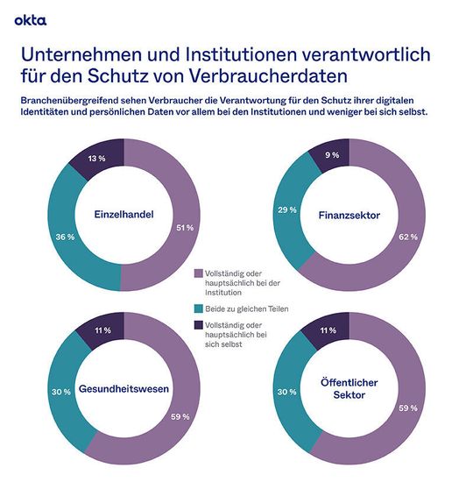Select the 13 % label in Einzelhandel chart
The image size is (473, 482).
tap(97, 159)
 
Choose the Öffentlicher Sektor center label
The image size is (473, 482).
tap(348, 387)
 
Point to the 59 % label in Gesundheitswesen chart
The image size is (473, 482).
tap(179, 416)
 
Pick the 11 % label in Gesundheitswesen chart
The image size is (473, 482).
tap(101, 332)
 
